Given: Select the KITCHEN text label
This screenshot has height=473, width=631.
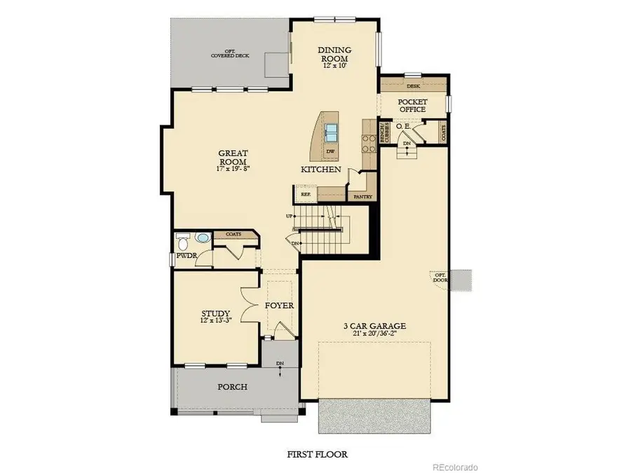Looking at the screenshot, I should coord(321,170).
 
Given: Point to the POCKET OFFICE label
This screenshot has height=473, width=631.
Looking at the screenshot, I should coord(412,105).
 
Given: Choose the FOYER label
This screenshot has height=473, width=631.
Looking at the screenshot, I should coord(279,306).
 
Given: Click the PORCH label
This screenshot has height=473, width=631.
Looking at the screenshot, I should coord(232,387).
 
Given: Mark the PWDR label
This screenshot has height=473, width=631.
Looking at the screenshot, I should coord(185,256).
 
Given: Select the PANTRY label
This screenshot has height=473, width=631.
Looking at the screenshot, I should coord(362,197).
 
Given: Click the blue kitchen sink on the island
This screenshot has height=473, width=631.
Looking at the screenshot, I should coord(332,132).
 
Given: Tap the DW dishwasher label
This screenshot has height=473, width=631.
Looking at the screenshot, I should coord(331,151).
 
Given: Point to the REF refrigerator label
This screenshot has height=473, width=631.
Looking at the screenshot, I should coord(306,194).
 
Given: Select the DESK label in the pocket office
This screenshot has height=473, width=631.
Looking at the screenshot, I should coord(413,85).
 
